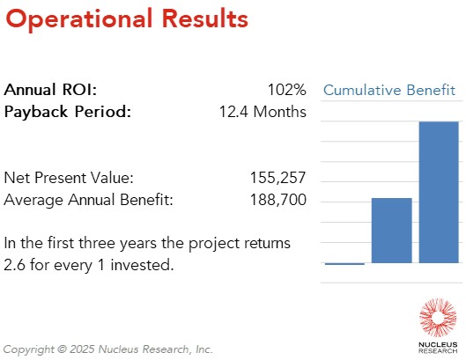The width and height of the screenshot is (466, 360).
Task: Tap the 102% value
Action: tap(286, 90)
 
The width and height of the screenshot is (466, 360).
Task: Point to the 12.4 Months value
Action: tap(263, 112)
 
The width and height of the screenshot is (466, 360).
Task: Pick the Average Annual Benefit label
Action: tap(88, 200)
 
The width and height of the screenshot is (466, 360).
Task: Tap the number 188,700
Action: tap(278, 200)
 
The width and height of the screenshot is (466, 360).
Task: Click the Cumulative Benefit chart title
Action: tap(389, 90)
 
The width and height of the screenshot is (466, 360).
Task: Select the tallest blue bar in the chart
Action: tap(438, 192)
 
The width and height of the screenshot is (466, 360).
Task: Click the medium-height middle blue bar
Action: tap(391, 231)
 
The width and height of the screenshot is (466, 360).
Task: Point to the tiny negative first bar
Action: tap(344, 264)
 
